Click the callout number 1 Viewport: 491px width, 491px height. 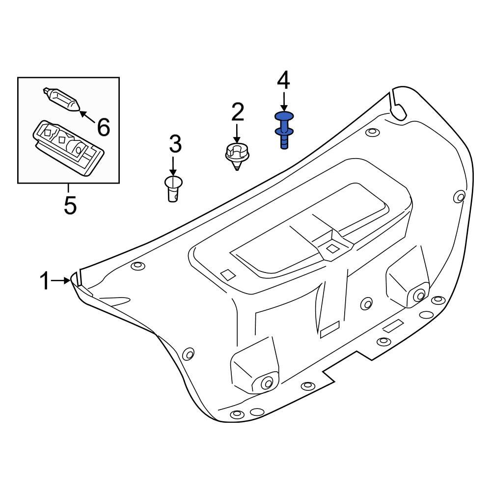pos(45,282)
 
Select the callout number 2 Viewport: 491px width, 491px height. pos(237,113)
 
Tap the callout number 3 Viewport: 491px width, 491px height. pos(175,144)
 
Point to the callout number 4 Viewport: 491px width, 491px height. pos(284,81)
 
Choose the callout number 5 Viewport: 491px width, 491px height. pos(70,205)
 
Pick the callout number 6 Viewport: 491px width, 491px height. pos(103,128)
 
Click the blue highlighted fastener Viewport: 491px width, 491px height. pos(284,129)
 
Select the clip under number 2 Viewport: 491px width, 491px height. pos(237,155)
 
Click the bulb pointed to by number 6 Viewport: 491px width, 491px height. pos(62,100)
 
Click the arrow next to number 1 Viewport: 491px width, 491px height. pos(61,280)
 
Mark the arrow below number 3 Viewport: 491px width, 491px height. pos(173,165)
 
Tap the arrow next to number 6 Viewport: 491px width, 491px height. pos(86,116)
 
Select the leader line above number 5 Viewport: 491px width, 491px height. pos(69,189)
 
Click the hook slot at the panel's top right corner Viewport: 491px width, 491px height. pos(396,106)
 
